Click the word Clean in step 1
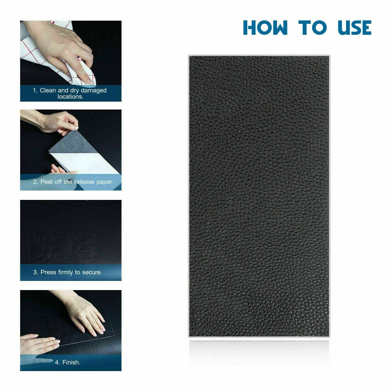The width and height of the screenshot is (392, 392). coord(48,90)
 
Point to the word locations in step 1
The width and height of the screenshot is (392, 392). coord(70,97)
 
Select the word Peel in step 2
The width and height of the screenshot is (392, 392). coord(47,182)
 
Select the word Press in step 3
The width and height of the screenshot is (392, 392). coord(48,272)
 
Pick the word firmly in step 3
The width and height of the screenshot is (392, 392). coord(66,272)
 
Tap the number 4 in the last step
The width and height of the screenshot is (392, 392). coord(57,362)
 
